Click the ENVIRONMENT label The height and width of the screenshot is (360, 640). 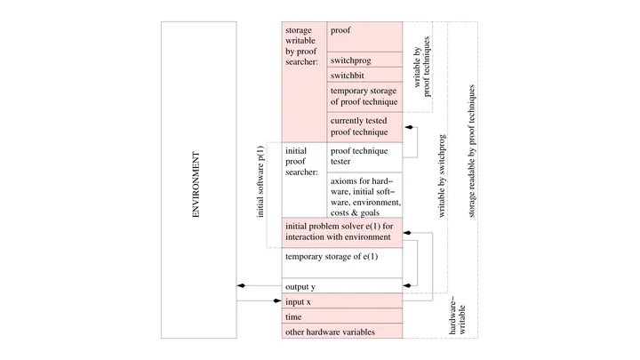196,185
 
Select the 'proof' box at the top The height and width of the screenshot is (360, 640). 364,36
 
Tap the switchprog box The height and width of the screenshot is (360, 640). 364,60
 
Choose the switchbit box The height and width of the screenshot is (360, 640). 364,75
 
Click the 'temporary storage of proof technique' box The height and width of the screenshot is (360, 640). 364,97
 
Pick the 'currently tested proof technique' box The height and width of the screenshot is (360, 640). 364,127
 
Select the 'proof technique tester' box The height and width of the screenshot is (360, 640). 364,157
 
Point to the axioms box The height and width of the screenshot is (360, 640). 364,195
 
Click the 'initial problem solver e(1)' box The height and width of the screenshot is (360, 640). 342,233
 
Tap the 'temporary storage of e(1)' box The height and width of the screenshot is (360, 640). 342,263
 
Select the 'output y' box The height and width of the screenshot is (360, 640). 342,285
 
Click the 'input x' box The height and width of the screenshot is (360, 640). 342,300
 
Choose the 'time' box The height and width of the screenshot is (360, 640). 342,316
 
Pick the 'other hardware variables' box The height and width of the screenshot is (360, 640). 342,331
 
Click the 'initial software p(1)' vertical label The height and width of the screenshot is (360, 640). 260,181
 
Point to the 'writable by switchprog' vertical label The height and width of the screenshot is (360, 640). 442,176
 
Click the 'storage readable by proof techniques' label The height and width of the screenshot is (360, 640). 471,151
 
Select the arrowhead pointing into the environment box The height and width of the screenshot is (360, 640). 241,285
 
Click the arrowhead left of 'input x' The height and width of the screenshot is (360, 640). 277,300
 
